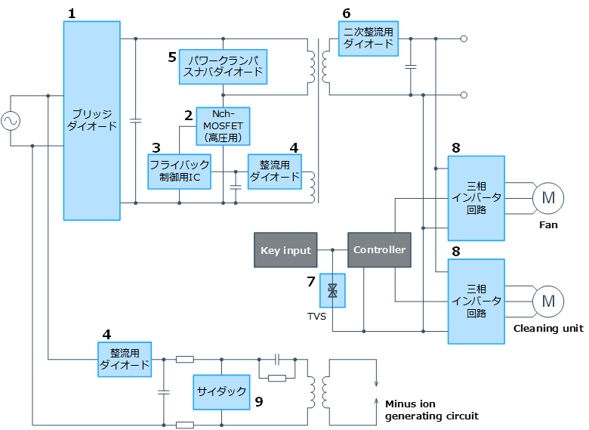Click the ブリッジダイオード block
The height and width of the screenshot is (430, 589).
point(91,121)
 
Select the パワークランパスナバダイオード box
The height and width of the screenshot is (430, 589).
point(223,67)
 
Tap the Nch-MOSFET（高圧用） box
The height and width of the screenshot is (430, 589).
point(223,125)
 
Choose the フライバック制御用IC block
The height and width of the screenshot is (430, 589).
point(179,172)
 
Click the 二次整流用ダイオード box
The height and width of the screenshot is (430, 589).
point(368,39)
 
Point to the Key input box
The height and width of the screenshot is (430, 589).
point(285,250)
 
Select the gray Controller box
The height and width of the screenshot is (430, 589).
point(379,250)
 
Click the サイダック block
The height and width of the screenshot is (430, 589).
point(221,391)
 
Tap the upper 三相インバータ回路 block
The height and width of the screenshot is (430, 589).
point(476,198)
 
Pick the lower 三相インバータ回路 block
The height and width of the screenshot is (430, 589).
point(476,302)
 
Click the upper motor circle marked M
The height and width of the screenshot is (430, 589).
point(548,198)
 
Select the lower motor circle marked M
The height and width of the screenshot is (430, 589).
point(548,302)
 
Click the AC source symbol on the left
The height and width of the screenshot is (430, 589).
point(11,121)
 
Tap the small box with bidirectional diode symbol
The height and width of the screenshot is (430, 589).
point(332,290)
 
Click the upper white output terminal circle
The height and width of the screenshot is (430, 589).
point(464,39)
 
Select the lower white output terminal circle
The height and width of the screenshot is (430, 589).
point(464,95)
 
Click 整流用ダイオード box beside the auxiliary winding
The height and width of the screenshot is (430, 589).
point(274,172)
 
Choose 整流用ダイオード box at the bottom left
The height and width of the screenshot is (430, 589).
point(125,359)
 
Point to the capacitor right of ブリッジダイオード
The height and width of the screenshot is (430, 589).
point(136,120)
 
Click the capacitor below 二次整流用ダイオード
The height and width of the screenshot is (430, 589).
point(411,67)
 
